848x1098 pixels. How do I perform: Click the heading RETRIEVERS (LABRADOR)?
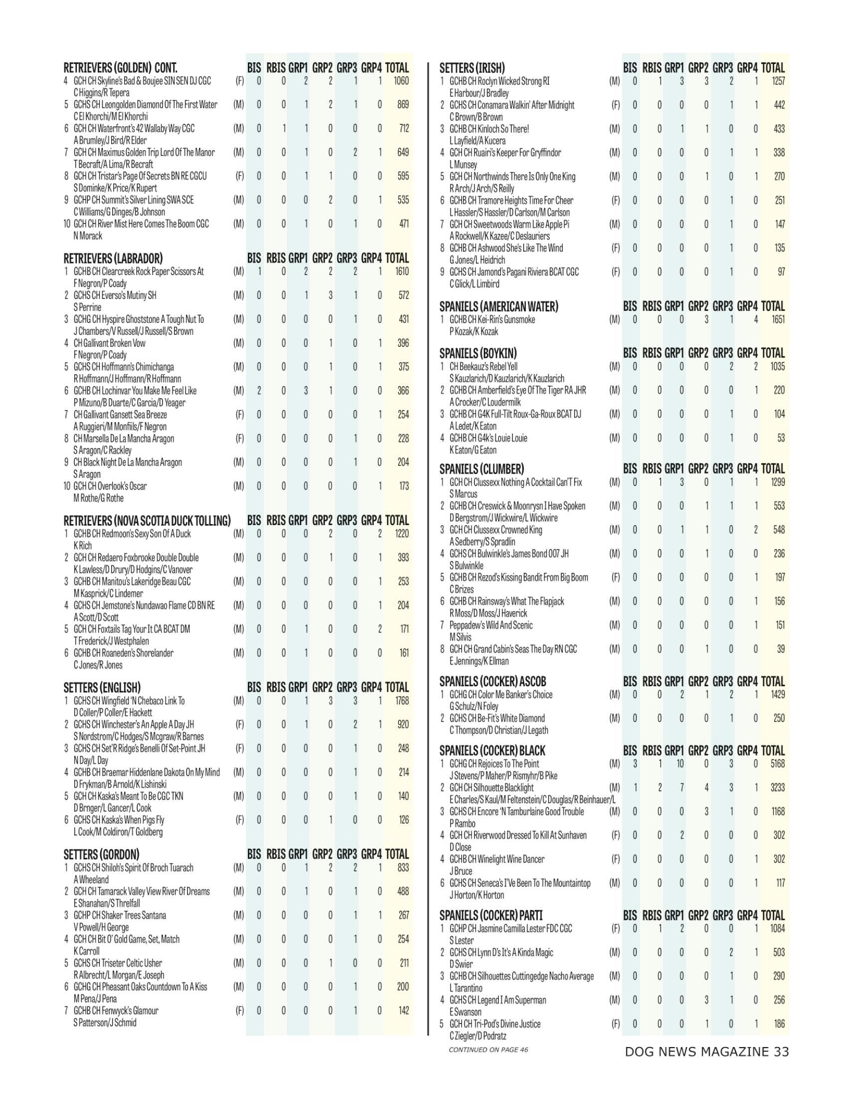coord(113,259)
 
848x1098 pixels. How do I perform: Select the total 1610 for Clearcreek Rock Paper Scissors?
coord(402,272)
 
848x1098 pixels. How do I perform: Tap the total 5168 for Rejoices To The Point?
coord(777,764)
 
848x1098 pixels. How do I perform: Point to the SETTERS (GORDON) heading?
coord(101,854)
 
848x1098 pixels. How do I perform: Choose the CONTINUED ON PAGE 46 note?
coord(488,1049)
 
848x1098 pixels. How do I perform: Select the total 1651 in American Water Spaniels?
coord(777,319)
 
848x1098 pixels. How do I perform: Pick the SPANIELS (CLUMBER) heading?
coord(481,469)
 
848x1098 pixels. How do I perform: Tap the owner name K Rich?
coord(82,546)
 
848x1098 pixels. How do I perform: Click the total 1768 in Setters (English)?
coord(402,701)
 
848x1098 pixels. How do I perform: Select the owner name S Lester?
coord(461,940)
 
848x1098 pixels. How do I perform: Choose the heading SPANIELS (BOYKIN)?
coord(478,353)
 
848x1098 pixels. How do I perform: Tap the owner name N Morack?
coord(88,236)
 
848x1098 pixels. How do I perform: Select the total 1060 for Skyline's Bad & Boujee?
coord(402,80)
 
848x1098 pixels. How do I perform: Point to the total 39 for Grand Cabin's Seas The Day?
coord(780,649)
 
